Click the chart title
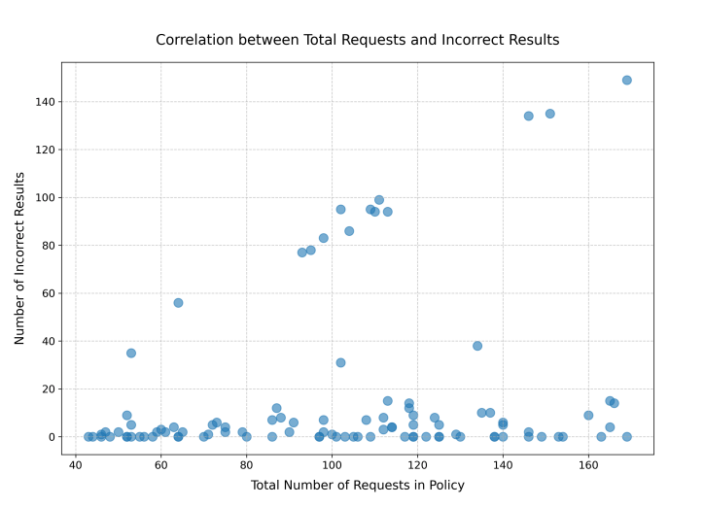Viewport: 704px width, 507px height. [357, 40]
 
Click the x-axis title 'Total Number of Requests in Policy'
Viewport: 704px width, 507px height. [357, 485]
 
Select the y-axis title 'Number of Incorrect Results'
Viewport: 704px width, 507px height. [19, 258]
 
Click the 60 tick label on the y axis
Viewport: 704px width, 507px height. [47, 293]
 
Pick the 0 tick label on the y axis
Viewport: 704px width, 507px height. [51, 437]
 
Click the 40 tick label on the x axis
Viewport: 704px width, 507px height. [75, 464]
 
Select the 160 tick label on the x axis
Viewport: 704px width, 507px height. [588, 464]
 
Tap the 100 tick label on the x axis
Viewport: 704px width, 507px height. [332, 464]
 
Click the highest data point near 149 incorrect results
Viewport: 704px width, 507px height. [626, 81]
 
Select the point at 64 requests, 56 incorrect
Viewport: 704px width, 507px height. [178, 303]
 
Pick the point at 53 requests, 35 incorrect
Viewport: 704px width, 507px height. [131, 354]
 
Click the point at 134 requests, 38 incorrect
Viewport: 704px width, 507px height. [477, 346]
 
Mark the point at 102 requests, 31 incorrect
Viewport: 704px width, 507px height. [340, 363]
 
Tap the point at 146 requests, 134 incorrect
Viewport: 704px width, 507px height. [528, 117]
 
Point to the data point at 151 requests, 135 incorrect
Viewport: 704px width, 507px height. [549, 114]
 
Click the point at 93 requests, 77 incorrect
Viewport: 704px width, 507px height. [302, 253]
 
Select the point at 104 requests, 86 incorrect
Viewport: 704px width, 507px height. [349, 231]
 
